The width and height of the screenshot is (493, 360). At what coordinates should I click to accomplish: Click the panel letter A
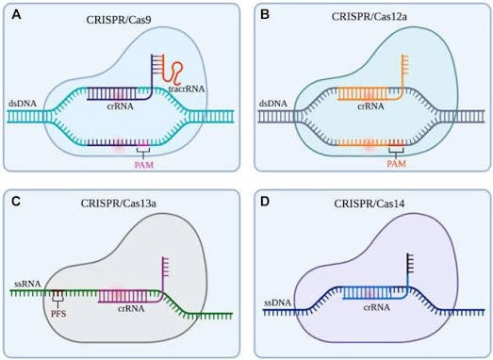(16, 14)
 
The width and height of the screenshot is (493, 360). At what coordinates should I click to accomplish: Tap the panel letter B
(265, 14)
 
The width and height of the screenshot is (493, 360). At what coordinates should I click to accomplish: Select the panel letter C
(16, 202)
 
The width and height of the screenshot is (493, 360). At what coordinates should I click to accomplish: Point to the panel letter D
(266, 202)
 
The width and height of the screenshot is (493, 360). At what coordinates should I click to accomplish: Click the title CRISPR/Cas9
(119, 20)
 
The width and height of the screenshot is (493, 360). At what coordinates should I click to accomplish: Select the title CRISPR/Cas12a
(370, 16)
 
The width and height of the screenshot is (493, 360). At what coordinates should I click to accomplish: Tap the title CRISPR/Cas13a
(119, 204)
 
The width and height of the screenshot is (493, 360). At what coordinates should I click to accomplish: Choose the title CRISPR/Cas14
(370, 205)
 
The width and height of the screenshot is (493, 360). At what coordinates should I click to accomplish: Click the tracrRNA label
(186, 89)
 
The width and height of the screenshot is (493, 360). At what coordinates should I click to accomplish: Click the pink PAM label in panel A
(144, 165)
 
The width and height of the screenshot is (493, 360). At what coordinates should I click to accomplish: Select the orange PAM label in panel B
(397, 163)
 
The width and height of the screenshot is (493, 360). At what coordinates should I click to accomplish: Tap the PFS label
(58, 314)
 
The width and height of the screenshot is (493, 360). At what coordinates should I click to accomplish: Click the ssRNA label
(27, 284)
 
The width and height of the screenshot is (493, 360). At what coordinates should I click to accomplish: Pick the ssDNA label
(278, 303)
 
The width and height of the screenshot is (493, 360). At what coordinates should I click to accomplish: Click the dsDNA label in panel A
(24, 103)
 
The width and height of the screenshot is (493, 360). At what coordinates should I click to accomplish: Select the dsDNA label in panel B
(273, 103)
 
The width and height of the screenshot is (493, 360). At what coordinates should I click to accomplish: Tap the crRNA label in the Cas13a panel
(131, 308)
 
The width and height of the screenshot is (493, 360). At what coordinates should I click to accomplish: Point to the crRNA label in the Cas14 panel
(377, 307)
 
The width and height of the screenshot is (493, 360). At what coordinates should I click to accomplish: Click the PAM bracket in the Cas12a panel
(396, 153)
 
